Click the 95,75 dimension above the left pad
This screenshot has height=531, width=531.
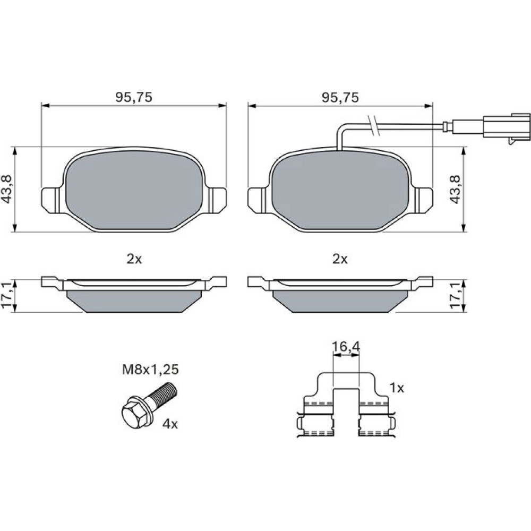134,98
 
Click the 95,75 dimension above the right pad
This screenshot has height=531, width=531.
340,98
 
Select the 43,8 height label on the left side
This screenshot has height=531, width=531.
7,190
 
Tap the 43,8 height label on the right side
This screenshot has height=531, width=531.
456,190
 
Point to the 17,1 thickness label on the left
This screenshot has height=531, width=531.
7,295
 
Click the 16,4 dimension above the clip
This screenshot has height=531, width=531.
346,347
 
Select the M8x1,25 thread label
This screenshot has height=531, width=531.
150,370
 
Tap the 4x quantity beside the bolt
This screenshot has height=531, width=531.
170,424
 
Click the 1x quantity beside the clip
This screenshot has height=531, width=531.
397,388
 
